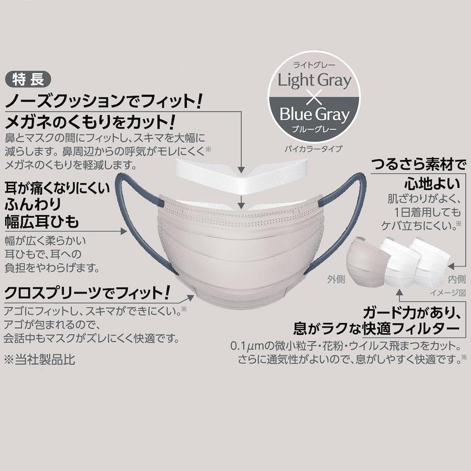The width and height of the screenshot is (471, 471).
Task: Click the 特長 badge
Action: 28,80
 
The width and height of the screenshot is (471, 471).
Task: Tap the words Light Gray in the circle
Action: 314,81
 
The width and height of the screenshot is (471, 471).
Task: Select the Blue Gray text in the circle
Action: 315,115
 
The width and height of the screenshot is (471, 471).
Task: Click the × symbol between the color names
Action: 314,98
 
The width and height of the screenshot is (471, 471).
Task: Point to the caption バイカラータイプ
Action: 313,149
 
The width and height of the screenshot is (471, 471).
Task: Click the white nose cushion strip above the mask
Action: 242,177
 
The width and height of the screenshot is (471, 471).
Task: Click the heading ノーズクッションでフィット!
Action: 104,101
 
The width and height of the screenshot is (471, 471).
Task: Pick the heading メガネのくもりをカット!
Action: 90,122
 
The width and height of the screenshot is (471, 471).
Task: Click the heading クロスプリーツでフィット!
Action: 87,293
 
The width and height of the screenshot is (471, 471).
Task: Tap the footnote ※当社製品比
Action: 39,360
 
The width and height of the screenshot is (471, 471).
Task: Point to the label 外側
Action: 336,279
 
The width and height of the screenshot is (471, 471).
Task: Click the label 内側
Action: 456,279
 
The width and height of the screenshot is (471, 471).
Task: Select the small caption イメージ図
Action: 447,293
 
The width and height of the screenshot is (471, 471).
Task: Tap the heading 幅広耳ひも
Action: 42,222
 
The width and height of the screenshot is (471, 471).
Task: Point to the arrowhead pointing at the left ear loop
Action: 124,231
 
